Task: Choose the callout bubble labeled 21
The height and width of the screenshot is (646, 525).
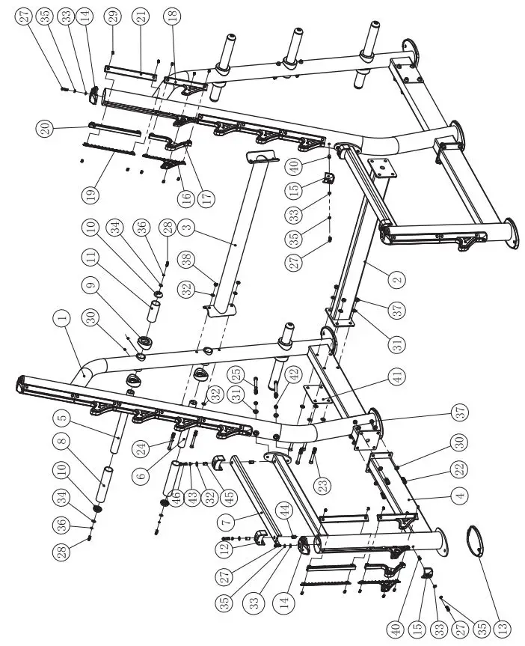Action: tap(140, 16)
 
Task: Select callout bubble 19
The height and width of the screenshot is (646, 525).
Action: tap(90, 196)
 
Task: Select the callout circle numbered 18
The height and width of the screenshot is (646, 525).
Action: tap(173, 16)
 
